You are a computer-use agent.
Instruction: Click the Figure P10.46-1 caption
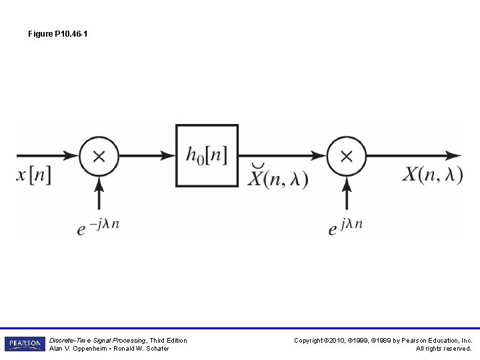click(57, 33)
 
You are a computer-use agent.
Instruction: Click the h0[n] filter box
click(207, 155)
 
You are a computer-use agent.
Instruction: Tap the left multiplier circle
click(99, 156)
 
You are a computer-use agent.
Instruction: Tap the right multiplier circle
click(346, 156)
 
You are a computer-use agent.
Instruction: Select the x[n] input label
click(33, 175)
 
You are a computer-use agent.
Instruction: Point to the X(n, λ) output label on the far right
click(432, 175)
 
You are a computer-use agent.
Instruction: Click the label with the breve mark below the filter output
click(278, 177)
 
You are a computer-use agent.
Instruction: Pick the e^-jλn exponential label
click(98, 227)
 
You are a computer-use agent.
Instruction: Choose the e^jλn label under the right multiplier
click(345, 227)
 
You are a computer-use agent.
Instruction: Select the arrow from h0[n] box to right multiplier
click(282, 156)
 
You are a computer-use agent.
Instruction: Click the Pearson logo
click(25, 344)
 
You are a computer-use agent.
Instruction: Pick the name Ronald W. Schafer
click(142, 349)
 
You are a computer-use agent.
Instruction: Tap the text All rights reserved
click(443, 349)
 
